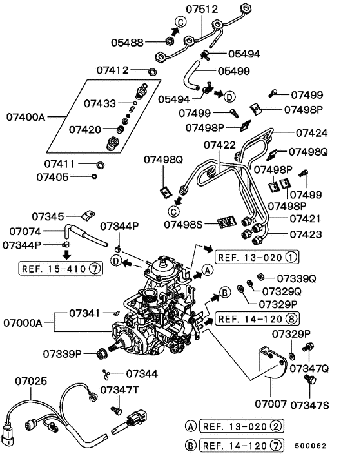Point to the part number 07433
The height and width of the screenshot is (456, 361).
102,103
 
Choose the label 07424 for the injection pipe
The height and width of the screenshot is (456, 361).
312,133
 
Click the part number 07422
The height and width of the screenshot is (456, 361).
220,146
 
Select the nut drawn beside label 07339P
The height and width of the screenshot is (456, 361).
101,354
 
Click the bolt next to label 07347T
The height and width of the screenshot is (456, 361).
118,409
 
